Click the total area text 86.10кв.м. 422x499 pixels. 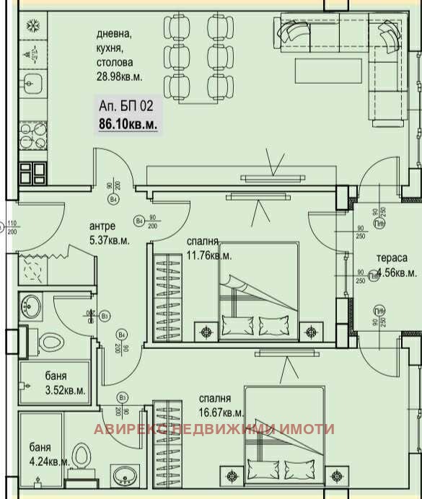(x=128, y=124)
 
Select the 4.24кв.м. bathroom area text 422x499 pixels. (x=49, y=462)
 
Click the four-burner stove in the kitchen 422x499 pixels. (x=33, y=172)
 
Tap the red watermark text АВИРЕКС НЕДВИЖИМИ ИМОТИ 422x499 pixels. (x=214, y=429)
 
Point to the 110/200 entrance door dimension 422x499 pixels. (x=12, y=228)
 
